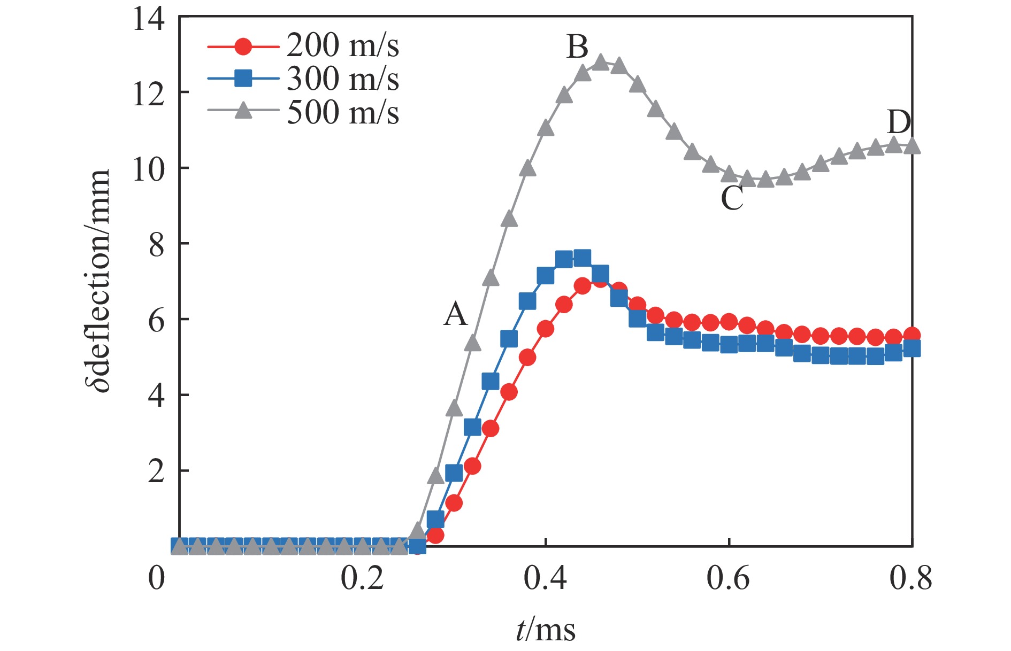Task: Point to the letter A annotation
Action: tap(456, 314)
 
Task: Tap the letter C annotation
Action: tap(732, 198)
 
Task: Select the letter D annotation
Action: tap(899, 122)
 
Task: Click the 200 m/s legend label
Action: tap(342, 45)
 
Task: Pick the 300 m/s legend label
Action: tap(342, 79)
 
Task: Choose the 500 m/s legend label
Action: tap(342, 113)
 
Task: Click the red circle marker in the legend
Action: tap(243, 46)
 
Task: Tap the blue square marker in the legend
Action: tap(243, 79)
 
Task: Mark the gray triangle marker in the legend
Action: tap(243, 111)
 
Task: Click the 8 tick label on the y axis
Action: tap(156, 245)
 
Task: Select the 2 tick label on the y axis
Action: tap(156, 472)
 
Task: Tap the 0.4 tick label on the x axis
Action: tap(545, 579)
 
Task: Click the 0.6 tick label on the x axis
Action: tap(728, 579)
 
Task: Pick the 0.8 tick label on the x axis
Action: tap(910, 579)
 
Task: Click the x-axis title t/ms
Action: tap(546, 630)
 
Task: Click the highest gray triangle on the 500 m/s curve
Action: tap(601, 62)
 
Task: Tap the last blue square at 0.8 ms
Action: tap(912, 348)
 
